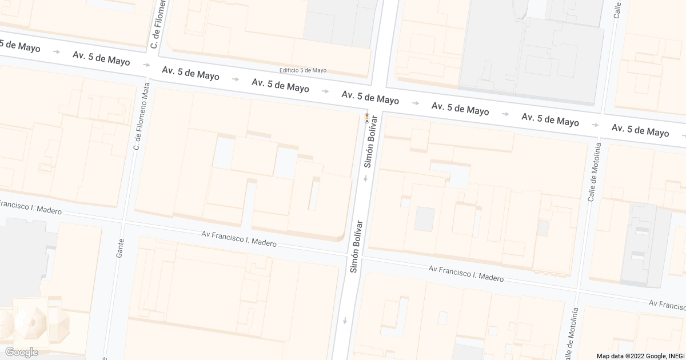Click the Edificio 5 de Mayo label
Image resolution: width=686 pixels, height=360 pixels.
pyautogui.click(x=303, y=70)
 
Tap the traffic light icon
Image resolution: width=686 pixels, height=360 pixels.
pyautogui.click(x=367, y=118)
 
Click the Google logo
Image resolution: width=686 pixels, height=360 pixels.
pyautogui.click(x=22, y=352)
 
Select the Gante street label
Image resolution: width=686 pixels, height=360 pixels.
pyautogui.click(x=120, y=248)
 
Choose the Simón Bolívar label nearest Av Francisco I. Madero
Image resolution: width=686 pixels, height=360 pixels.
pyautogui.click(x=357, y=246)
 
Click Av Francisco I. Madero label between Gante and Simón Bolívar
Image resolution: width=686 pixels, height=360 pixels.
pyautogui.click(x=239, y=239)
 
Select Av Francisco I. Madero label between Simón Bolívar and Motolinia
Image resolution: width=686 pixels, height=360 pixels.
pyautogui.click(x=466, y=273)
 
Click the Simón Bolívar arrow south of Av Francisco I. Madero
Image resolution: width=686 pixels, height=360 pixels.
pyautogui.click(x=345, y=321)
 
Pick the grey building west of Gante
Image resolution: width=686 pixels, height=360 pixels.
pyautogui.click(x=23, y=257)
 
